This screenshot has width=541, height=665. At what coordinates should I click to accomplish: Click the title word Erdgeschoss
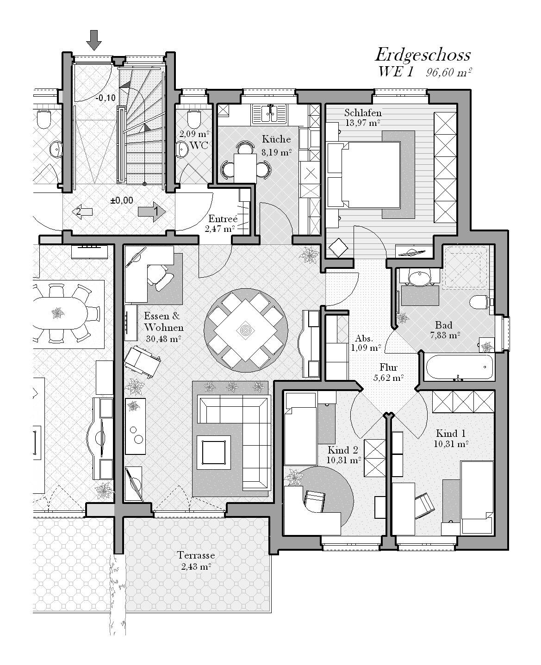[x=423, y=56]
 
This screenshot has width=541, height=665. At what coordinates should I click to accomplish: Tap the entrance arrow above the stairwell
[x=94, y=40]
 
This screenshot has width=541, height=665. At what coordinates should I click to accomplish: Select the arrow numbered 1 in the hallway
[x=152, y=211]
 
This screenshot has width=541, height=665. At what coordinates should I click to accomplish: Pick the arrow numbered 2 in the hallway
[x=82, y=211]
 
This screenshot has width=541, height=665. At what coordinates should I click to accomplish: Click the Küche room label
[x=276, y=139]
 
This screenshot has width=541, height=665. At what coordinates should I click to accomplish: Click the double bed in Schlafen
[x=371, y=175]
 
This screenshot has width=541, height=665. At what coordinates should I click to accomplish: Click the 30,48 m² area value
[x=163, y=339]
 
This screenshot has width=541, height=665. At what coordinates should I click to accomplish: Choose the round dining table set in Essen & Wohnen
[x=246, y=330]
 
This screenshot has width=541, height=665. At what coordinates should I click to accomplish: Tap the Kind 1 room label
[x=450, y=433]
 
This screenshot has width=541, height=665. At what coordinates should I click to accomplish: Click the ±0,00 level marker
[x=122, y=200]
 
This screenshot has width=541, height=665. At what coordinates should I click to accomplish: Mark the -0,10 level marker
[x=106, y=98]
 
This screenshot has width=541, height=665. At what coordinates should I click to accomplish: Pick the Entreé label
[x=223, y=218]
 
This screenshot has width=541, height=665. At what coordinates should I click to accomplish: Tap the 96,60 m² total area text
[x=448, y=73]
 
